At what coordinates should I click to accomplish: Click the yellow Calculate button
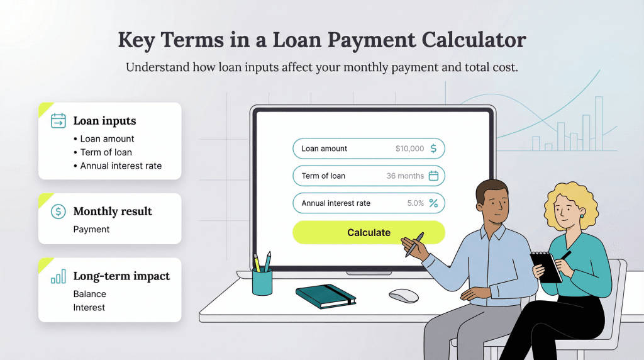369,232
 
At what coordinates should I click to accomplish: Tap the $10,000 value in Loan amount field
409,149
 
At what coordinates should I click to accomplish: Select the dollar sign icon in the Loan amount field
433,149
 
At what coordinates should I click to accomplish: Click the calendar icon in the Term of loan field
433,176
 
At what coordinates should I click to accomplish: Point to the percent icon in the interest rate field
433,203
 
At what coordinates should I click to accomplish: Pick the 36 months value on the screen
405,176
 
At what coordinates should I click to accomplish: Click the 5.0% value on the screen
416,203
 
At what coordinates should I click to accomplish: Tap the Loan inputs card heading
104,121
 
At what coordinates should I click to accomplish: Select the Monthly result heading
113,211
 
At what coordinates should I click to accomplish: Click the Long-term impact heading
121,276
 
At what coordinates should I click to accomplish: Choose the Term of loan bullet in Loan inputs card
106,152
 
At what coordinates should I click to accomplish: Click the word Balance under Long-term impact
90,294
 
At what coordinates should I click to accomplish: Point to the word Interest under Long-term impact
89,308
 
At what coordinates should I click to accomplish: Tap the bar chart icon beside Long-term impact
58,276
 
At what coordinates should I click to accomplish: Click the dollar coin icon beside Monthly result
58,211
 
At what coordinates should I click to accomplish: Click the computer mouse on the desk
403,295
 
